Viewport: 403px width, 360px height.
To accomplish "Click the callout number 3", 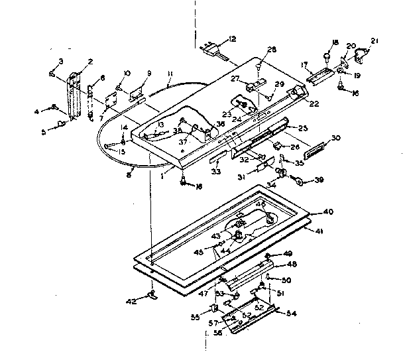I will (60, 62).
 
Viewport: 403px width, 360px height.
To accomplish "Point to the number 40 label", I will (327, 212).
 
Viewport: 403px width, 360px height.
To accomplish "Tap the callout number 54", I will (290, 313).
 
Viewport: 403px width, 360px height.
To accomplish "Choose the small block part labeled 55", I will (215, 308).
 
